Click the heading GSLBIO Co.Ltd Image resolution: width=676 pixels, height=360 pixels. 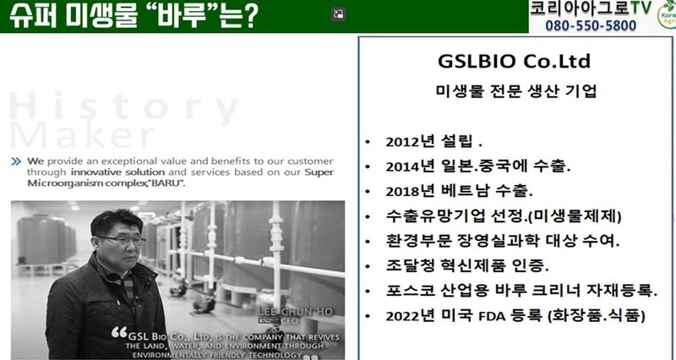(514, 63)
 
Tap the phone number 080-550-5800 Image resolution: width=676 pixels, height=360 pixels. (584, 25)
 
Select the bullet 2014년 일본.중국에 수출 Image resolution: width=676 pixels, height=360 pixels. (477, 166)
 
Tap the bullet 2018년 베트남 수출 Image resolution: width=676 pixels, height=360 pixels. (459, 191)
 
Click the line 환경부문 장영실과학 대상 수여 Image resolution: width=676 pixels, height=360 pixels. (502, 241)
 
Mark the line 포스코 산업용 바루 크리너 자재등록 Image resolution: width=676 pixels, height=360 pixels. (521, 292)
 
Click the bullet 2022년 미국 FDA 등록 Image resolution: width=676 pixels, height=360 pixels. (515, 317)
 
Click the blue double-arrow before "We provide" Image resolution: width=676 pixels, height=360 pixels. (17, 161)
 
